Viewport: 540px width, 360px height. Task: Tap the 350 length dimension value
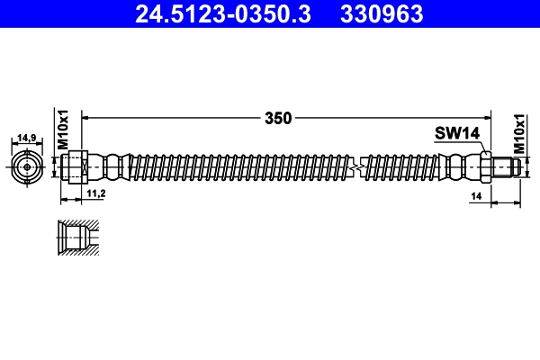[x=280, y=116]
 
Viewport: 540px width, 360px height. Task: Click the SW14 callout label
[x=457, y=133]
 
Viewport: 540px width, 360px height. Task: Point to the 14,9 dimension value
[x=27, y=138]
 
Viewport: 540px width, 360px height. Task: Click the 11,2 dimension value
[x=96, y=193]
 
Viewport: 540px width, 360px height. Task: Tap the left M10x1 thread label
[x=64, y=131]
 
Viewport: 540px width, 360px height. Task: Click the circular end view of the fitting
[x=27, y=166]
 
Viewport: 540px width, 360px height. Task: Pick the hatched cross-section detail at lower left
[x=76, y=238]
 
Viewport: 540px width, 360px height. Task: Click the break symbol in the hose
[x=360, y=166]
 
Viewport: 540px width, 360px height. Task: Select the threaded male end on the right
[x=506, y=166]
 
